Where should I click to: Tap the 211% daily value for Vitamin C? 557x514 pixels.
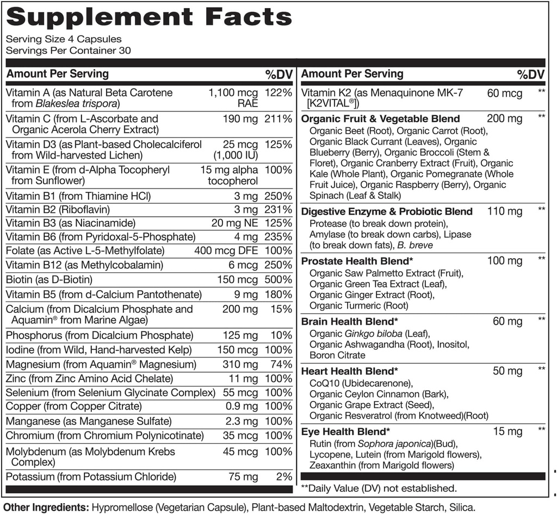278,118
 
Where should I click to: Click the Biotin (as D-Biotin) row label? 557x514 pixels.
49,279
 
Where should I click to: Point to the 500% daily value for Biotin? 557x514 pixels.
278,279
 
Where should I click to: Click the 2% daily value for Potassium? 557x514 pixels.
283,477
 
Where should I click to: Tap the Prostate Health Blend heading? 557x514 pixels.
349,261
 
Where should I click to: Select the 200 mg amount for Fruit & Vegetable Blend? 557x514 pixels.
504,118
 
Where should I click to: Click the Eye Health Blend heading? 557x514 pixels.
345,432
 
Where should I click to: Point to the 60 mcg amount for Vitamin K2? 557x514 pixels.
504,93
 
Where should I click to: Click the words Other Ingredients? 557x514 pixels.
46,507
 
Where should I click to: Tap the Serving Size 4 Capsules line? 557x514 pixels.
63,39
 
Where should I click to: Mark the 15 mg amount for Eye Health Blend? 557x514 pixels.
508,432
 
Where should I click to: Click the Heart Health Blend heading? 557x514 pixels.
349,371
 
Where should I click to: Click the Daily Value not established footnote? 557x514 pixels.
379,488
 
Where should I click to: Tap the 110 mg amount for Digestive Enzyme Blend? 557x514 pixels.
504,211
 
